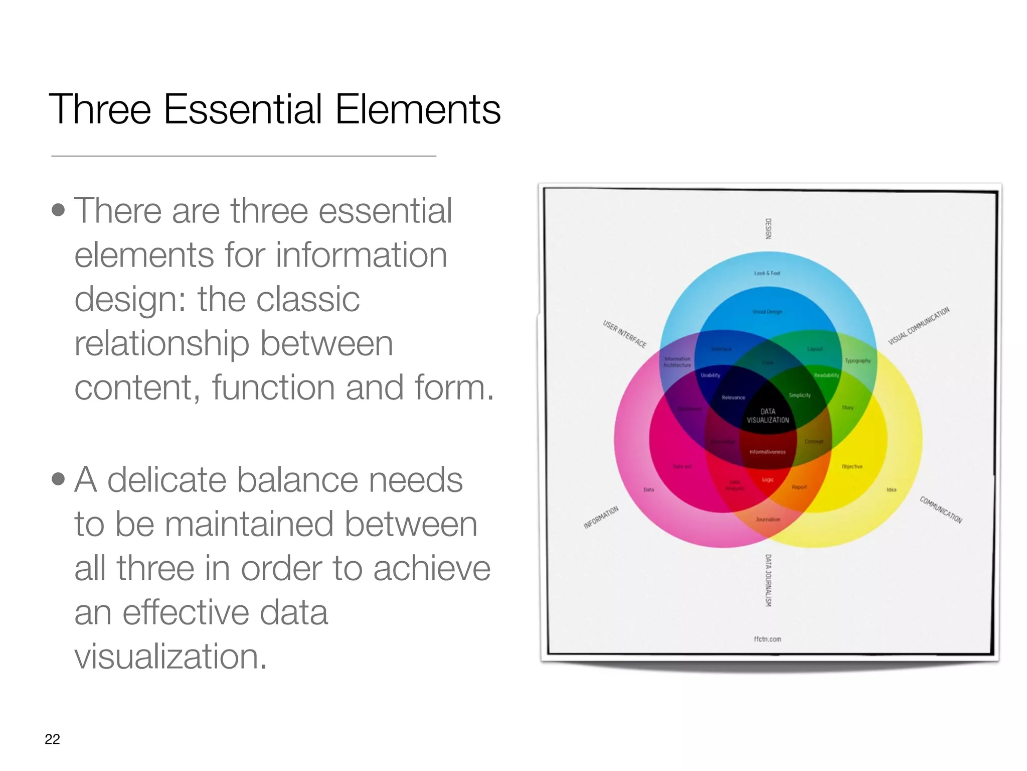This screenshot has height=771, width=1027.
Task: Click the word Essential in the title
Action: tap(243, 109)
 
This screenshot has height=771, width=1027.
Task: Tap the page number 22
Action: tap(52, 739)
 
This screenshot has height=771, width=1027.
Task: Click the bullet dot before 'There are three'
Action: tap(59, 210)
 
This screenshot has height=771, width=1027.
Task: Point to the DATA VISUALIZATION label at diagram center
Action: tap(768, 416)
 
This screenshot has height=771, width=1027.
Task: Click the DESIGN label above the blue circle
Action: tap(768, 228)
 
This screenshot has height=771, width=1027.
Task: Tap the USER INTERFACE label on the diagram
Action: tap(624, 334)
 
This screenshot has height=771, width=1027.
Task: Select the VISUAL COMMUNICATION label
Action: tap(919, 326)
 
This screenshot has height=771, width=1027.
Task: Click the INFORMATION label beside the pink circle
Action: tap(601, 518)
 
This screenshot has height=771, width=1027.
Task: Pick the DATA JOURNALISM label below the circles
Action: tap(768, 580)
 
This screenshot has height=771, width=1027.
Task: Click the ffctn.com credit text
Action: tap(767, 639)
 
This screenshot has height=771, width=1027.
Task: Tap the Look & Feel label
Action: tap(767, 273)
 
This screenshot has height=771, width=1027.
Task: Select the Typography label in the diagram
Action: tap(858, 360)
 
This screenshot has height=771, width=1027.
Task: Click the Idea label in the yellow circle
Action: tap(891, 489)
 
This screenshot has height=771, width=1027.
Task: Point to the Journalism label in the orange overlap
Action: tap(768, 520)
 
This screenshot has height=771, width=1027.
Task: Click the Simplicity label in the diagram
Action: tap(799, 395)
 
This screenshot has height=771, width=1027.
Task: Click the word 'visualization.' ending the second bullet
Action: tap(170, 656)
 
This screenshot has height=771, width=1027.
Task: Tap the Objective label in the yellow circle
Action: tap(852, 466)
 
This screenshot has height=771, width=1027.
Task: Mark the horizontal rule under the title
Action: tap(243, 156)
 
